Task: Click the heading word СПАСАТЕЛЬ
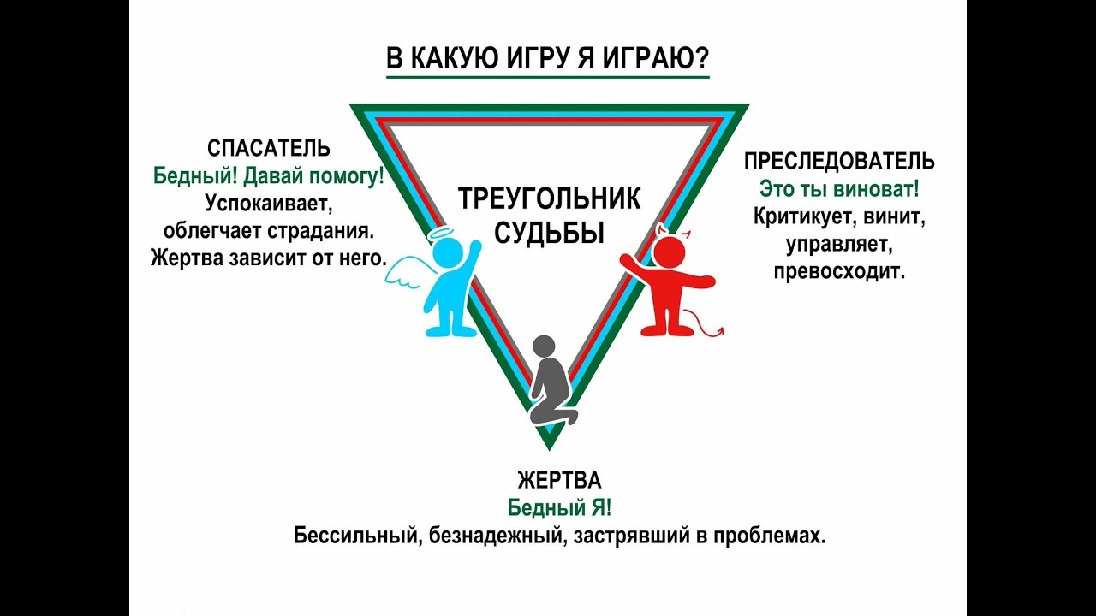tap(269, 149)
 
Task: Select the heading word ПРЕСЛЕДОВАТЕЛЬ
tap(839, 162)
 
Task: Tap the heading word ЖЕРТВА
tap(559, 479)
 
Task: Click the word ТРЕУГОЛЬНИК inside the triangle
tap(549, 199)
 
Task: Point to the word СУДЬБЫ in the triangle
tap(549, 233)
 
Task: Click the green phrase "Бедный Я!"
tap(559, 507)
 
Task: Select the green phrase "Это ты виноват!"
tap(839, 189)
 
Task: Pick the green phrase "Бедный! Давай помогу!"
tap(269, 176)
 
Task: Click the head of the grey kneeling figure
tap(545, 346)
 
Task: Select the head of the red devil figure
tap(670, 253)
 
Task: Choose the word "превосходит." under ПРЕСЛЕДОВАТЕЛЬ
tap(839, 272)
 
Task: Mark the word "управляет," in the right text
tap(839, 245)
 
